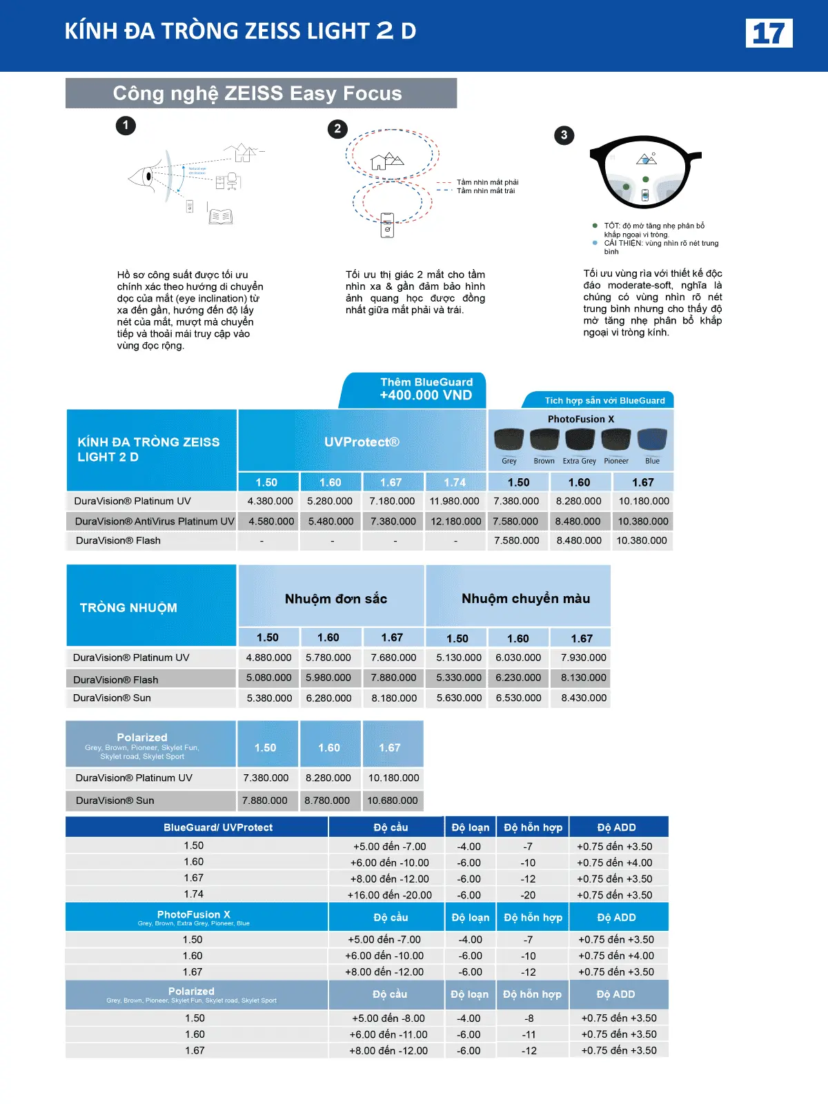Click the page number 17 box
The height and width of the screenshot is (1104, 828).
769,33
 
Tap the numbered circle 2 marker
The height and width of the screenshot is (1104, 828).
337,129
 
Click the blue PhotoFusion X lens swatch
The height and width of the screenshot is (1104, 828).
652,440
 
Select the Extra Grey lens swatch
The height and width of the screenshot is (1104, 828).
580,440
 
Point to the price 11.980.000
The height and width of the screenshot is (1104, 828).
454,502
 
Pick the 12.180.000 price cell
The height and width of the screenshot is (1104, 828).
455,522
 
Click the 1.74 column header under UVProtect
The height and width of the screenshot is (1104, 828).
455,482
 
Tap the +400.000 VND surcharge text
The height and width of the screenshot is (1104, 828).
426,395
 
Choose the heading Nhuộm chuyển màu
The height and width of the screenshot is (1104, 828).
526,599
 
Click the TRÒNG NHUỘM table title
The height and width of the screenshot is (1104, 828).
128,608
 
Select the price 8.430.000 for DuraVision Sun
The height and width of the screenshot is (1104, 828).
584,698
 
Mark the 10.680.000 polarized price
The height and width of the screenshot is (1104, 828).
393,800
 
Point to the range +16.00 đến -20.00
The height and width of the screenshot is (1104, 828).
390,895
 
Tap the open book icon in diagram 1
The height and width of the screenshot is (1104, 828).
221,217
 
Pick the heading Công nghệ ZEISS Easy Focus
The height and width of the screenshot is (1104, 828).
257,93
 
